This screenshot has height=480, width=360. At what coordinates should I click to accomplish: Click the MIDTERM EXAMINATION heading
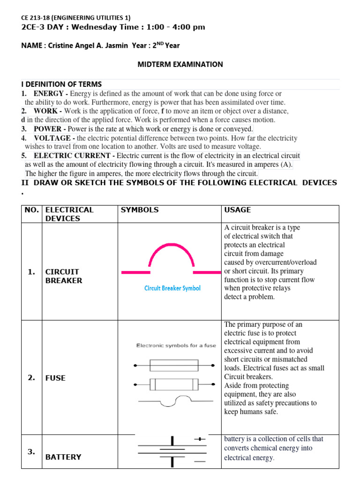(x=180, y=64)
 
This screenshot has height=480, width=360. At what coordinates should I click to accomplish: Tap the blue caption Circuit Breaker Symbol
(x=172, y=288)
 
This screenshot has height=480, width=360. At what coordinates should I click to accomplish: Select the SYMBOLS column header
(x=140, y=210)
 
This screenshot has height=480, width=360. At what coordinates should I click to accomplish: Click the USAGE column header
(x=238, y=210)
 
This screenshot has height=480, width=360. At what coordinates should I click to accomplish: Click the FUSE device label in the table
(x=55, y=378)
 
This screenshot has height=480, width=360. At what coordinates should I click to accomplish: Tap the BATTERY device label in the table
(x=63, y=457)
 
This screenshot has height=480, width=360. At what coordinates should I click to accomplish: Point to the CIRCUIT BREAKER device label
(x=63, y=276)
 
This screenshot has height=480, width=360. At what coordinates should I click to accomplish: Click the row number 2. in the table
(x=31, y=378)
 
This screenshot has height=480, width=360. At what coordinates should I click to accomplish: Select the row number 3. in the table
(x=31, y=452)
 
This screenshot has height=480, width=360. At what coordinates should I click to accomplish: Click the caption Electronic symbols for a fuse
(x=176, y=345)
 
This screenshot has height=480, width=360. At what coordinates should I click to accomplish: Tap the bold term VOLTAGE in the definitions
(x=52, y=138)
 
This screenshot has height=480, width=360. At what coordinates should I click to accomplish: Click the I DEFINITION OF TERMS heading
(x=61, y=84)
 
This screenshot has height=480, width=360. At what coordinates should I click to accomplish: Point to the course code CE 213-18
(x=38, y=17)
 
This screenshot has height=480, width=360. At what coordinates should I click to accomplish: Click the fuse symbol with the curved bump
(x=174, y=400)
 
